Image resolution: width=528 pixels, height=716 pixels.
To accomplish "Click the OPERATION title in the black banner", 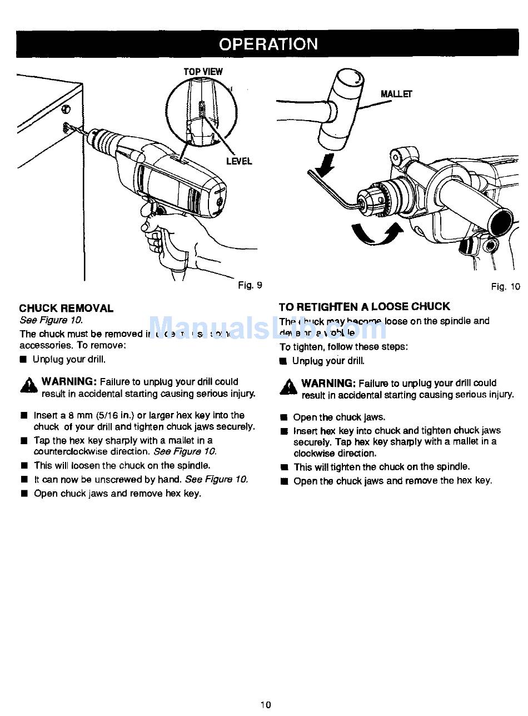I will coord(268,44).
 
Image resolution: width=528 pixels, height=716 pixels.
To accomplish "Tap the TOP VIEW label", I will coord(203,72).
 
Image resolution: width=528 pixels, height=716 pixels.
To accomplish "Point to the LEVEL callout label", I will coord(238,161).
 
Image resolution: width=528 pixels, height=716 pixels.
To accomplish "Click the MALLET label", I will coord(396,95).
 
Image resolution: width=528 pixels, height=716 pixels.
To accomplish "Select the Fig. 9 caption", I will coord(250,285).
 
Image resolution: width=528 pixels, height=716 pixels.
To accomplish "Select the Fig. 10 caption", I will coord(505,287).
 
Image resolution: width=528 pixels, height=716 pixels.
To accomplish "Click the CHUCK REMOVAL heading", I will coord(66,308).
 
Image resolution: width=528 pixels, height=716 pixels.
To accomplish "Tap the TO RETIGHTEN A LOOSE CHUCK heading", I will coord(364,306).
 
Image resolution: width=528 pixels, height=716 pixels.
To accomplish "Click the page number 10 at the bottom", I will coord(266,705).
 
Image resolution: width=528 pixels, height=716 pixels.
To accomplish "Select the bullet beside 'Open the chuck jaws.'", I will coord(284,417).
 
